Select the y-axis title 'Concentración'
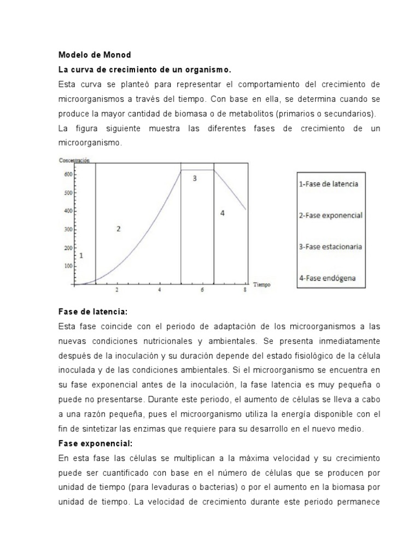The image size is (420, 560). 74,160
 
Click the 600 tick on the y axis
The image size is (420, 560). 67,174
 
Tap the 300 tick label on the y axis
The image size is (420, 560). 67,230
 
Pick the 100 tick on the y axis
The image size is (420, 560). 67,266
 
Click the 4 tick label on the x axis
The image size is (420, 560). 160,290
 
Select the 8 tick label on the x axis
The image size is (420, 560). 244,290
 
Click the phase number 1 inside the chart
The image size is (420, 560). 81,255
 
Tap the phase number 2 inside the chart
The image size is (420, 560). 118,229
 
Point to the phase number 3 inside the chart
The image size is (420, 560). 194,178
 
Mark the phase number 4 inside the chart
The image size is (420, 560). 222,213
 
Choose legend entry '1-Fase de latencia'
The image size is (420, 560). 329,184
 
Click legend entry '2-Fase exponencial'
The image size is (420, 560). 330,215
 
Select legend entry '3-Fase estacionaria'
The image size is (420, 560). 330,247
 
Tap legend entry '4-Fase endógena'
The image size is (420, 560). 327,278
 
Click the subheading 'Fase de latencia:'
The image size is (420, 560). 92,311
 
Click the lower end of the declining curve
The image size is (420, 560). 246,209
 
